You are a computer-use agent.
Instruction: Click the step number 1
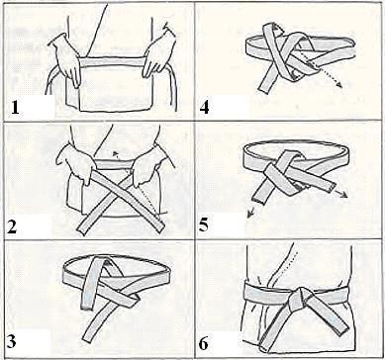(x=15, y=108)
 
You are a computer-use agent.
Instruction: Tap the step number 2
(x=12, y=226)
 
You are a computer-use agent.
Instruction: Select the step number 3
(x=12, y=342)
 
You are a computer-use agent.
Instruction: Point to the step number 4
(x=205, y=108)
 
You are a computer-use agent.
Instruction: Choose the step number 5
(x=204, y=226)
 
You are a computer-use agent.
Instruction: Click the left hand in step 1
(x=65, y=59)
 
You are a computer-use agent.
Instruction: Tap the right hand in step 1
(x=159, y=54)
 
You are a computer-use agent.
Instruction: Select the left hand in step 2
(x=76, y=162)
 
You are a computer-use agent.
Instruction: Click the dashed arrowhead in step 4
(x=339, y=85)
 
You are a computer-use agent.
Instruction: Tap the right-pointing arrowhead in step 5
(x=344, y=195)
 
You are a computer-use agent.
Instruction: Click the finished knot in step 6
(x=300, y=299)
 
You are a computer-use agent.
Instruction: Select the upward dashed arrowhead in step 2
(x=115, y=152)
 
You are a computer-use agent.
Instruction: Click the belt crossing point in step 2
(x=120, y=192)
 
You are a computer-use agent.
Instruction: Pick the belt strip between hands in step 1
(x=112, y=62)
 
